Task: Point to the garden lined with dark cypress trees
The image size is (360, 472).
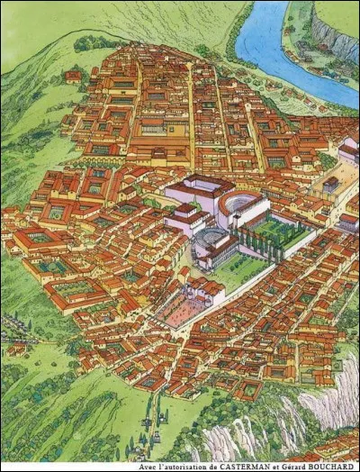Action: [x=270, y=237]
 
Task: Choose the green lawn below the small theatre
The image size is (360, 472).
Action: [x=236, y=271]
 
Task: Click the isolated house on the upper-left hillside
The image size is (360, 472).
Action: [x=73, y=77]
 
